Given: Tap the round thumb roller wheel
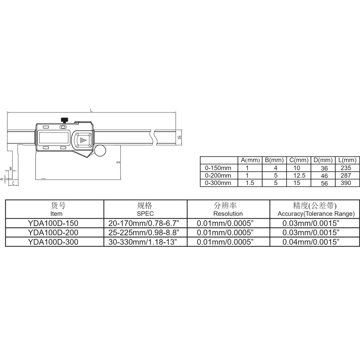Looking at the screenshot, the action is coord(100,150).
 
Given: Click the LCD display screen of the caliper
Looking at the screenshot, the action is coord(54,138).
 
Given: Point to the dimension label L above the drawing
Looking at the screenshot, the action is coord(91,110).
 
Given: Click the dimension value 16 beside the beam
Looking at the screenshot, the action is coord(180,137).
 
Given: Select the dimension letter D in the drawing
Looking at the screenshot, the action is coord(118,162).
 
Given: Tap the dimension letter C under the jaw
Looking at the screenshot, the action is coord(13,183).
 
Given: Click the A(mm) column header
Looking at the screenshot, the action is coord(250,160).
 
